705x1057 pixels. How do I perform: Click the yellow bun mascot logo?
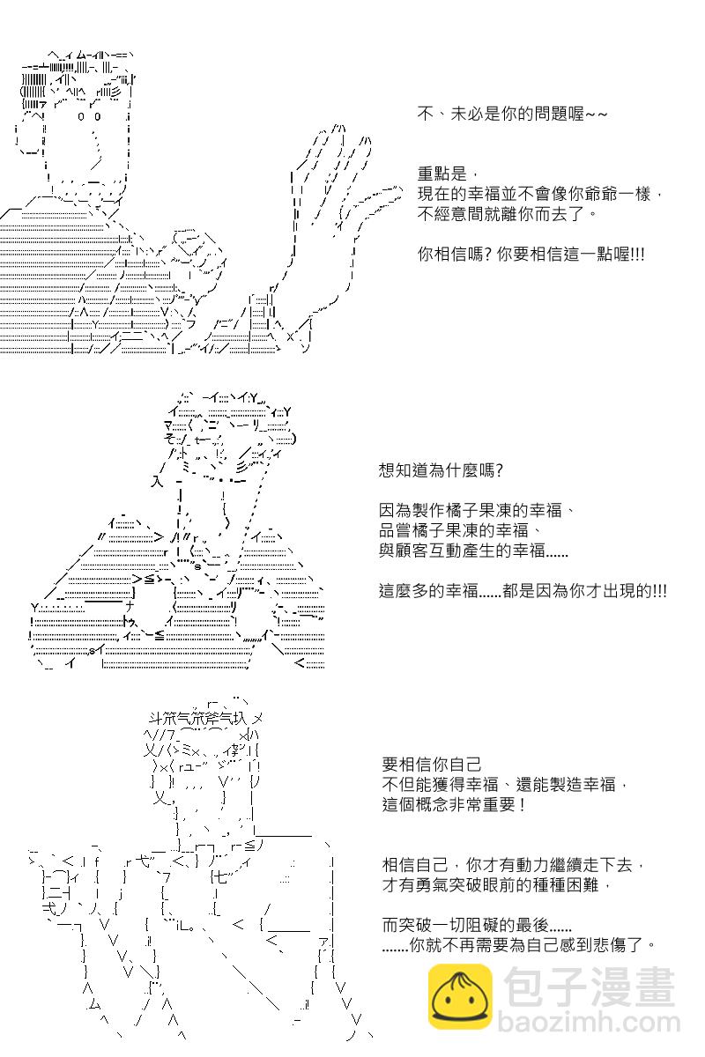[460, 996]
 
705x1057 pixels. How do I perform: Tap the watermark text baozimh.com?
[589, 1022]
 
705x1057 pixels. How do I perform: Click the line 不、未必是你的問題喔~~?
[512, 114]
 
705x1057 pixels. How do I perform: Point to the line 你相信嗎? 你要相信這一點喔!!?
[531, 255]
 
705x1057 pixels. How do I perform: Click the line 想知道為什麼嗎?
[441, 470]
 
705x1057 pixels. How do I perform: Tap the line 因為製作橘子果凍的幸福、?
[477, 510]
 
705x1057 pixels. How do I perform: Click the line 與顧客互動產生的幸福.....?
[462, 551]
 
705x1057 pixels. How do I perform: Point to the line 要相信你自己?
[432, 764]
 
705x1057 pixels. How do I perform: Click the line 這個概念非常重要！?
[454, 804]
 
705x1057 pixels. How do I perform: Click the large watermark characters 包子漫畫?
[589, 987]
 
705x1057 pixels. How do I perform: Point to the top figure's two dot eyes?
[89, 116]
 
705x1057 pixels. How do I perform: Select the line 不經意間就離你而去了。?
[507, 214]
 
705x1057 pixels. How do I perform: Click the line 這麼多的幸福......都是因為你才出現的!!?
[523, 591]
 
